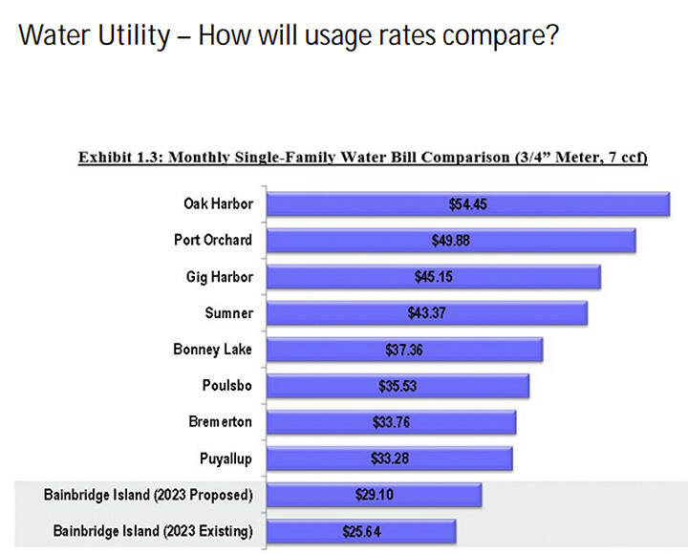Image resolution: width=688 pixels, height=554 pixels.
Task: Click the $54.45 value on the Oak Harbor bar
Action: point(468,204)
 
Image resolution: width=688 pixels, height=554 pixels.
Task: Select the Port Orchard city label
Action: point(206,240)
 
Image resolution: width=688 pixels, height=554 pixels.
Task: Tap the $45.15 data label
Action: point(433,277)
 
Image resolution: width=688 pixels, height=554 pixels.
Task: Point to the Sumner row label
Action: point(228,312)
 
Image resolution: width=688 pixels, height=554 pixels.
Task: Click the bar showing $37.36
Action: point(404,350)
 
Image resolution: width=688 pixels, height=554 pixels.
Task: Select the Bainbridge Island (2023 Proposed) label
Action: point(148,495)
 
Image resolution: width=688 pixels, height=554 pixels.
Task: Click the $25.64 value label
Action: point(360,531)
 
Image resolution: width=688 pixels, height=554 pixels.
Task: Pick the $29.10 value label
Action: point(374,495)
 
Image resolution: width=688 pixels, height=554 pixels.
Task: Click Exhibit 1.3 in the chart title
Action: point(121,158)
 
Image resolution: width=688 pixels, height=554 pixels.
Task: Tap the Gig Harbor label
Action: point(219,276)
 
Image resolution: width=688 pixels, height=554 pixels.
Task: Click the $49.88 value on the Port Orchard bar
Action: point(450,241)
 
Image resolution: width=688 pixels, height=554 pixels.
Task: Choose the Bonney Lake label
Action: point(212,349)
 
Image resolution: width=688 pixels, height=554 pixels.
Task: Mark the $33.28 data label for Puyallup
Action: point(389,458)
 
